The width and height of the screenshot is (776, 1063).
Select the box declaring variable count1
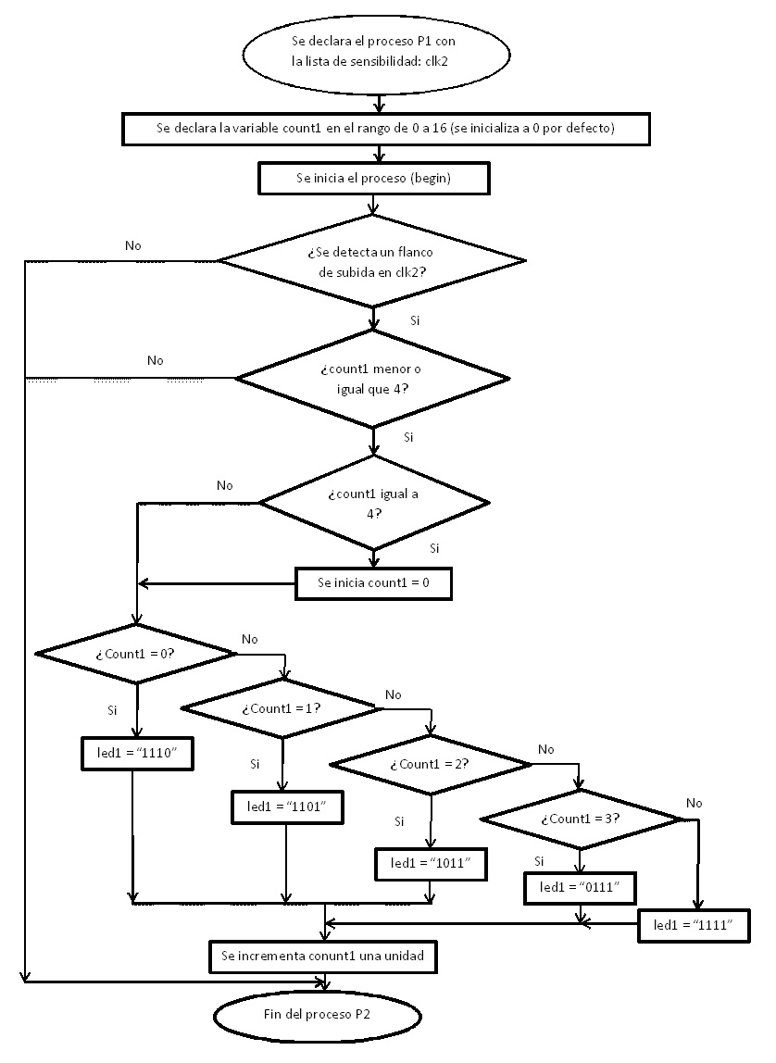(382, 129)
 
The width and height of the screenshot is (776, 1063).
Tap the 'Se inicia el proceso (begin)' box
(373, 179)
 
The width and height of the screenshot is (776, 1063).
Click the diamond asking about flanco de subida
(372, 261)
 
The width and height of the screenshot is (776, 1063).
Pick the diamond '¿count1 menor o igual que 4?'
(372, 378)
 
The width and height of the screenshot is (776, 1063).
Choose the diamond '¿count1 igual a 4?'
(373, 503)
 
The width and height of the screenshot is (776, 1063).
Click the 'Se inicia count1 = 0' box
(373, 582)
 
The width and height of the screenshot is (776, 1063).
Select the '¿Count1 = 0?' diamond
(136, 653)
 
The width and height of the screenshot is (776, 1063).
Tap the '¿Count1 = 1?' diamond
(281, 708)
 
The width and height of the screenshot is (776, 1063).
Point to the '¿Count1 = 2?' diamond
(431, 764)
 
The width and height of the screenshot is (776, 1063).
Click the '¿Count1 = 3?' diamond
(581, 819)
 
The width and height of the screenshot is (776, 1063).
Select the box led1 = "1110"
(135, 754)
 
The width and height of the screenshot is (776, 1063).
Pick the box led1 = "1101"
(287, 807)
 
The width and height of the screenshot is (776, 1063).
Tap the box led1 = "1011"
(432, 863)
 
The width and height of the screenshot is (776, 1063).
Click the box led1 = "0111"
(579, 888)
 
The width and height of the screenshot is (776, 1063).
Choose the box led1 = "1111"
(694, 925)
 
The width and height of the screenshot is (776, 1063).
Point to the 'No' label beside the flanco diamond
(132, 245)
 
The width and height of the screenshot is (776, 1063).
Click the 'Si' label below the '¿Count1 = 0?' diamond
(113, 709)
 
